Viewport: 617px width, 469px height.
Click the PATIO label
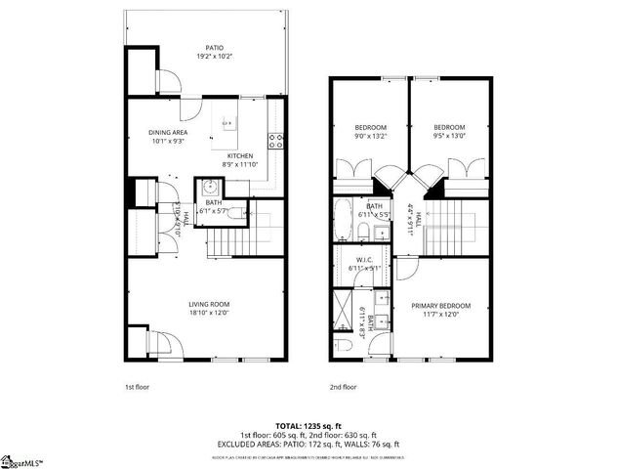(x=213, y=46)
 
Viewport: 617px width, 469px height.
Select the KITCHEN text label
(x=240, y=156)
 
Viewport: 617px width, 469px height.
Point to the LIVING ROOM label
(x=208, y=305)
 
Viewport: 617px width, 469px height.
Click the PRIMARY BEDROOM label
(x=437, y=305)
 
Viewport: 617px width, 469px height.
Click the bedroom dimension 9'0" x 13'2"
(x=370, y=138)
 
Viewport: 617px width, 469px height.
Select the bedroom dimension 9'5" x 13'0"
(x=449, y=138)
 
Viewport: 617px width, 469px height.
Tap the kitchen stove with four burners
(x=278, y=139)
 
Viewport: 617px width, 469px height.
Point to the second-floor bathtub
(x=343, y=220)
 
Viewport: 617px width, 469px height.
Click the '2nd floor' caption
(x=343, y=387)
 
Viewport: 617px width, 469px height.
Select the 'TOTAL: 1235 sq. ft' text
(x=308, y=426)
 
